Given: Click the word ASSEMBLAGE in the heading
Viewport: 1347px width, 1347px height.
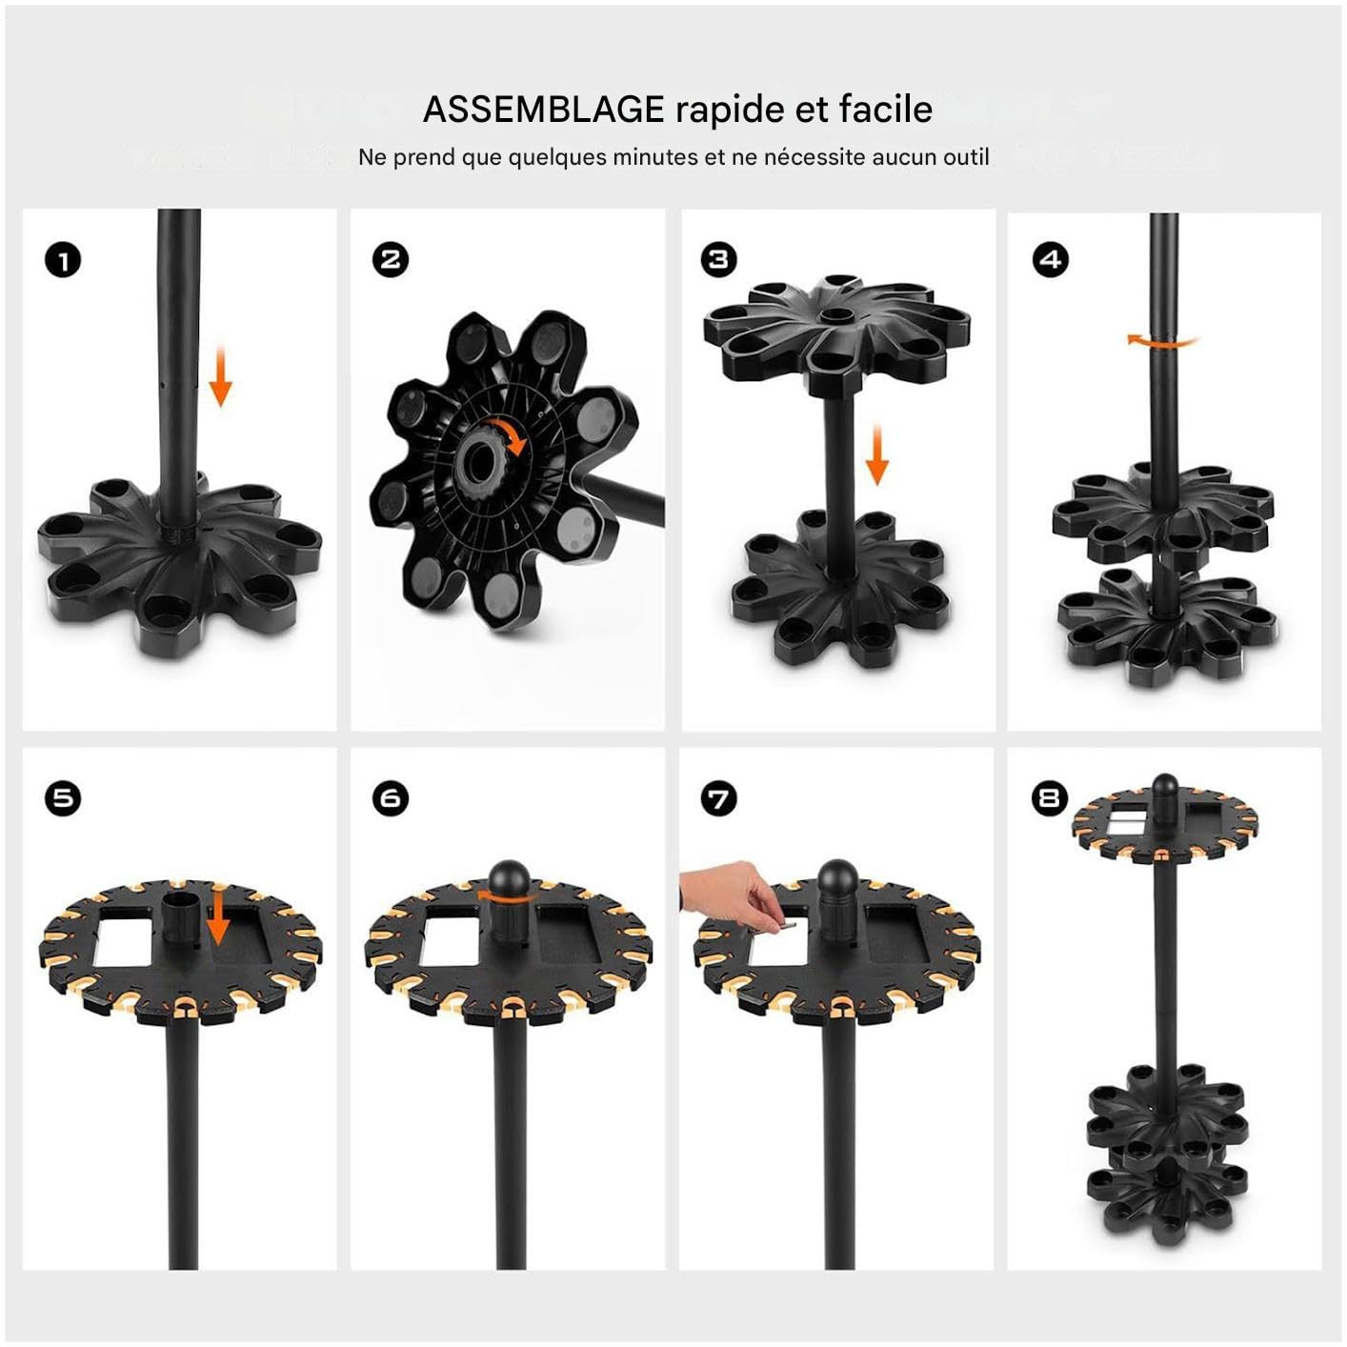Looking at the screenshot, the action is coord(543,109).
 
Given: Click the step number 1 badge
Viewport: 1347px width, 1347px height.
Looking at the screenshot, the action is coord(63,261).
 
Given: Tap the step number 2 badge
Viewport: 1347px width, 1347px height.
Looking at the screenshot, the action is coord(390,260).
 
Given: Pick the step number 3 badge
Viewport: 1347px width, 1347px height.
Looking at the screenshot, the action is coord(718,260).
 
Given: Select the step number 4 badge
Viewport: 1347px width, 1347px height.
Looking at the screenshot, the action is coord(1050,260).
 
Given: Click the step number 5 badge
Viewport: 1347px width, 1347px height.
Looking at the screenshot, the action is coord(63,798).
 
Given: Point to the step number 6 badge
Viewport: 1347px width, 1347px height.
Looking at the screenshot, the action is coord(390,798).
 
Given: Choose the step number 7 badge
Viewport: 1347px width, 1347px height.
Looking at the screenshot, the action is coord(718,798).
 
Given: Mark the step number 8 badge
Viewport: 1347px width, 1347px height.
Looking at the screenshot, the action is coord(1050,798).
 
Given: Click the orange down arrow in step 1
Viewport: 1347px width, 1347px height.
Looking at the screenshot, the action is coord(221,376).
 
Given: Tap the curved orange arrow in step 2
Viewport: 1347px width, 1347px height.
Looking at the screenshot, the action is coord(509,434).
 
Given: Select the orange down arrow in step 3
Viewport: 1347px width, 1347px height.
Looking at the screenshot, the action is coord(877,455).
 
